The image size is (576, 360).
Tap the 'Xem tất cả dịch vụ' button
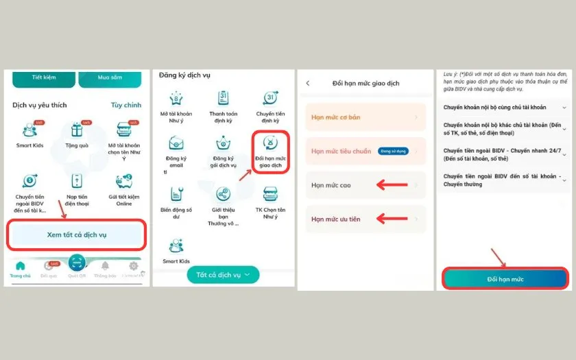pos(77,235)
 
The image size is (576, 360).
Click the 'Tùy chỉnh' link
pos(126,105)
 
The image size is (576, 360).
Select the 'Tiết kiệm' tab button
pos(43,77)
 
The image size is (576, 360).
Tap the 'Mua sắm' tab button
pos(110,77)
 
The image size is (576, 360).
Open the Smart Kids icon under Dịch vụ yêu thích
pos(29,130)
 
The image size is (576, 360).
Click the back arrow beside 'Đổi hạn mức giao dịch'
pos(308,83)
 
